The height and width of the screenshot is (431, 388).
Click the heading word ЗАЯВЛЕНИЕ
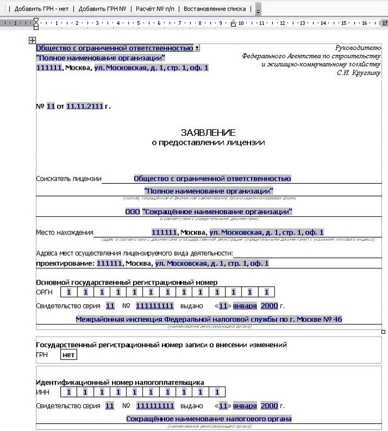208,133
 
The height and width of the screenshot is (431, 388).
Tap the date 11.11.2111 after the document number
84,106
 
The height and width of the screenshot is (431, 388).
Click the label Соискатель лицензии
69,179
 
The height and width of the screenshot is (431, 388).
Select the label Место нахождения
65,232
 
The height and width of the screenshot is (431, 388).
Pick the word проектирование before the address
65,263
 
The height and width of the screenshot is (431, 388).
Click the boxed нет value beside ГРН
69,355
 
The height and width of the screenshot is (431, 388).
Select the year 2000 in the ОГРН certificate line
269,306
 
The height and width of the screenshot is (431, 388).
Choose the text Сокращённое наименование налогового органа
209,419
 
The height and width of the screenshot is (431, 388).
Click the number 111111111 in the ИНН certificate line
155,405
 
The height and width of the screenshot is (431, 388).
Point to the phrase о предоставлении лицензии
208,143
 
